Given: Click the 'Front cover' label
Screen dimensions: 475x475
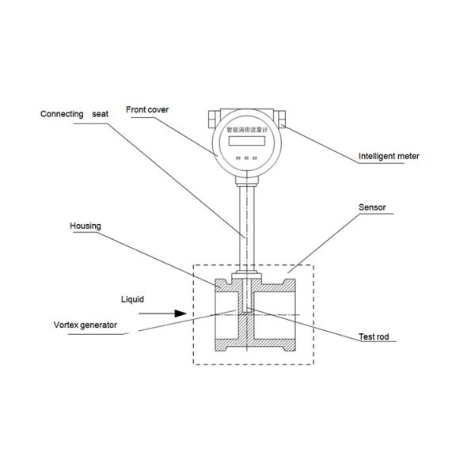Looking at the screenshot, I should click(x=147, y=110).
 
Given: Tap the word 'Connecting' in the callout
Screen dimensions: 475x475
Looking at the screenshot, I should click(x=62, y=114).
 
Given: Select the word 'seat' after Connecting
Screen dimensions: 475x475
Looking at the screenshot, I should click(x=100, y=114).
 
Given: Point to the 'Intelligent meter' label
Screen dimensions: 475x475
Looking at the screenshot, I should click(x=389, y=157).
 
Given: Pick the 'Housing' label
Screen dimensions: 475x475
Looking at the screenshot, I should click(x=86, y=226).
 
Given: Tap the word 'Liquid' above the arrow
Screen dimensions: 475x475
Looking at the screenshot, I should click(x=132, y=300).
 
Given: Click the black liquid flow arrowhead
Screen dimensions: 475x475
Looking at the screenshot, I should click(x=180, y=313).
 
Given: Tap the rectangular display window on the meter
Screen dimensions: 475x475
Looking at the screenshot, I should click(x=246, y=142).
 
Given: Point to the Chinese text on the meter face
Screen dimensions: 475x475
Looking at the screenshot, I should click(x=246, y=128).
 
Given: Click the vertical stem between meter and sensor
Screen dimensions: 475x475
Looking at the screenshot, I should click(x=246, y=222).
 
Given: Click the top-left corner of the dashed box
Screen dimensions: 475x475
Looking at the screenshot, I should click(x=194, y=264).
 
